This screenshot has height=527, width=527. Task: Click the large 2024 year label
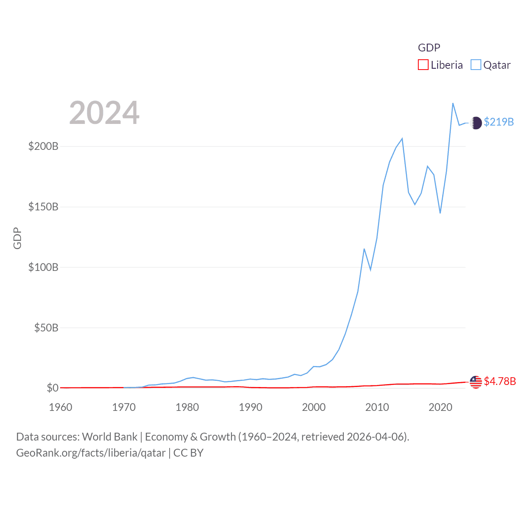coord(104,113)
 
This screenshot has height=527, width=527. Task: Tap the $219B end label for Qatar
coord(499,122)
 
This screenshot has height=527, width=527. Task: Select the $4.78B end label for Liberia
coord(500,381)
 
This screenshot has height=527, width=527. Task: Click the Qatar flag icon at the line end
coord(476,123)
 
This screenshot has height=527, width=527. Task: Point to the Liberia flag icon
coord(476,382)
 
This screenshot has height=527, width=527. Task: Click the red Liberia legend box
coord(423,65)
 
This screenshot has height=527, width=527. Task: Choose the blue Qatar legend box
coord(476,65)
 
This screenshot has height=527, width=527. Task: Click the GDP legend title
coord(429,48)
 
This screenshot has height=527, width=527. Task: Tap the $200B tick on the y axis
coord(43,146)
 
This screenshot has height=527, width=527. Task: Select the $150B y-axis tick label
coord(43,207)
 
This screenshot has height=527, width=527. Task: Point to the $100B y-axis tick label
coord(43,267)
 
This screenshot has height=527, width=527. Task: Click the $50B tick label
coord(46,328)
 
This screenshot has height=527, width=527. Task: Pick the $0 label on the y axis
coord(52,388)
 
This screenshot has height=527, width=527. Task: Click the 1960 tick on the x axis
coord(61,407)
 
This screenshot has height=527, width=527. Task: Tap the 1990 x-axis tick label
coord(250,407)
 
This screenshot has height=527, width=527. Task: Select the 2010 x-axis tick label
coord(377,407)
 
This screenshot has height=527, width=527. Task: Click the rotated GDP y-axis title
coord(17,238)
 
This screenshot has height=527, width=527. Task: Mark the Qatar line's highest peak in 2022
coord(453,103)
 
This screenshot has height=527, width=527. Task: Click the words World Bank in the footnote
coord(110,437)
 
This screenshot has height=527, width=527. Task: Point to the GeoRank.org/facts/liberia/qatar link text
coord(91,453)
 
